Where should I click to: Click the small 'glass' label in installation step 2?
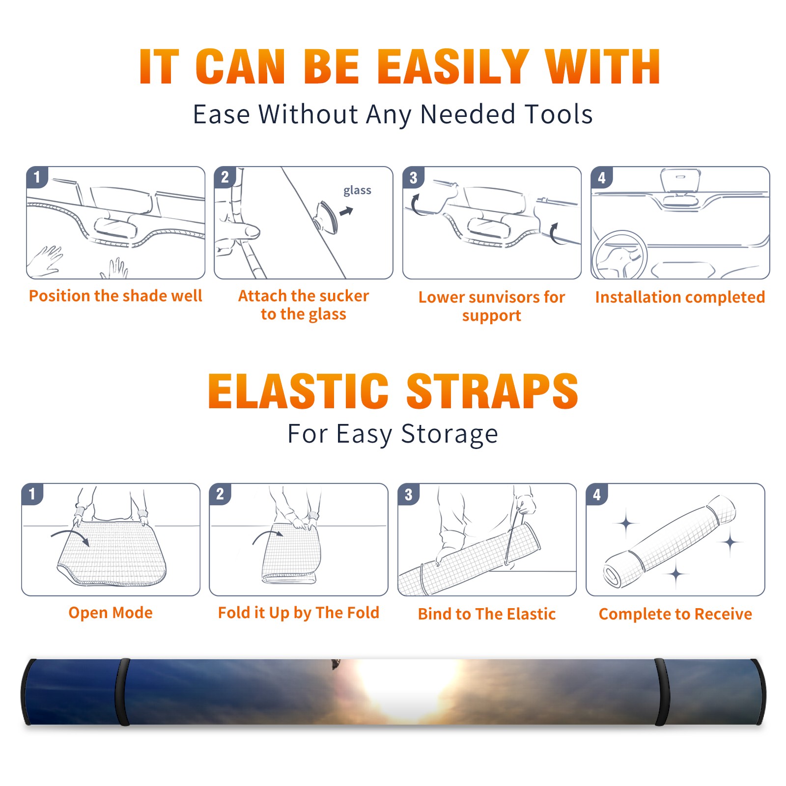point(357,191)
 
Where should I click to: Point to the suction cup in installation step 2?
point(327,217)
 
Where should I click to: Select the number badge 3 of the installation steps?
point(413,177)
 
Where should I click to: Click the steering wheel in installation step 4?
point(619,255)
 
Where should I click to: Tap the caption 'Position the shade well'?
point(115,296)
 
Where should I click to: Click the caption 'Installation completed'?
point(680,297)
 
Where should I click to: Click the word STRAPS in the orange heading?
point(492,391)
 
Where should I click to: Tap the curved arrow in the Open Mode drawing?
point(70,536)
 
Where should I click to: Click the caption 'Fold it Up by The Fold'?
point(299,613)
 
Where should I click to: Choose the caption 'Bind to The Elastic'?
point(487,614)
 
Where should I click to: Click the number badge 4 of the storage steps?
point(597,494)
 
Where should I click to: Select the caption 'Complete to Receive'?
point(675,614)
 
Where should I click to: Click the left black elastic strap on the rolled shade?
point(122,692)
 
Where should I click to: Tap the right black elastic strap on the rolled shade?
point(661,692)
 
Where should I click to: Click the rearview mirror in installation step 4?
point(680,180)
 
